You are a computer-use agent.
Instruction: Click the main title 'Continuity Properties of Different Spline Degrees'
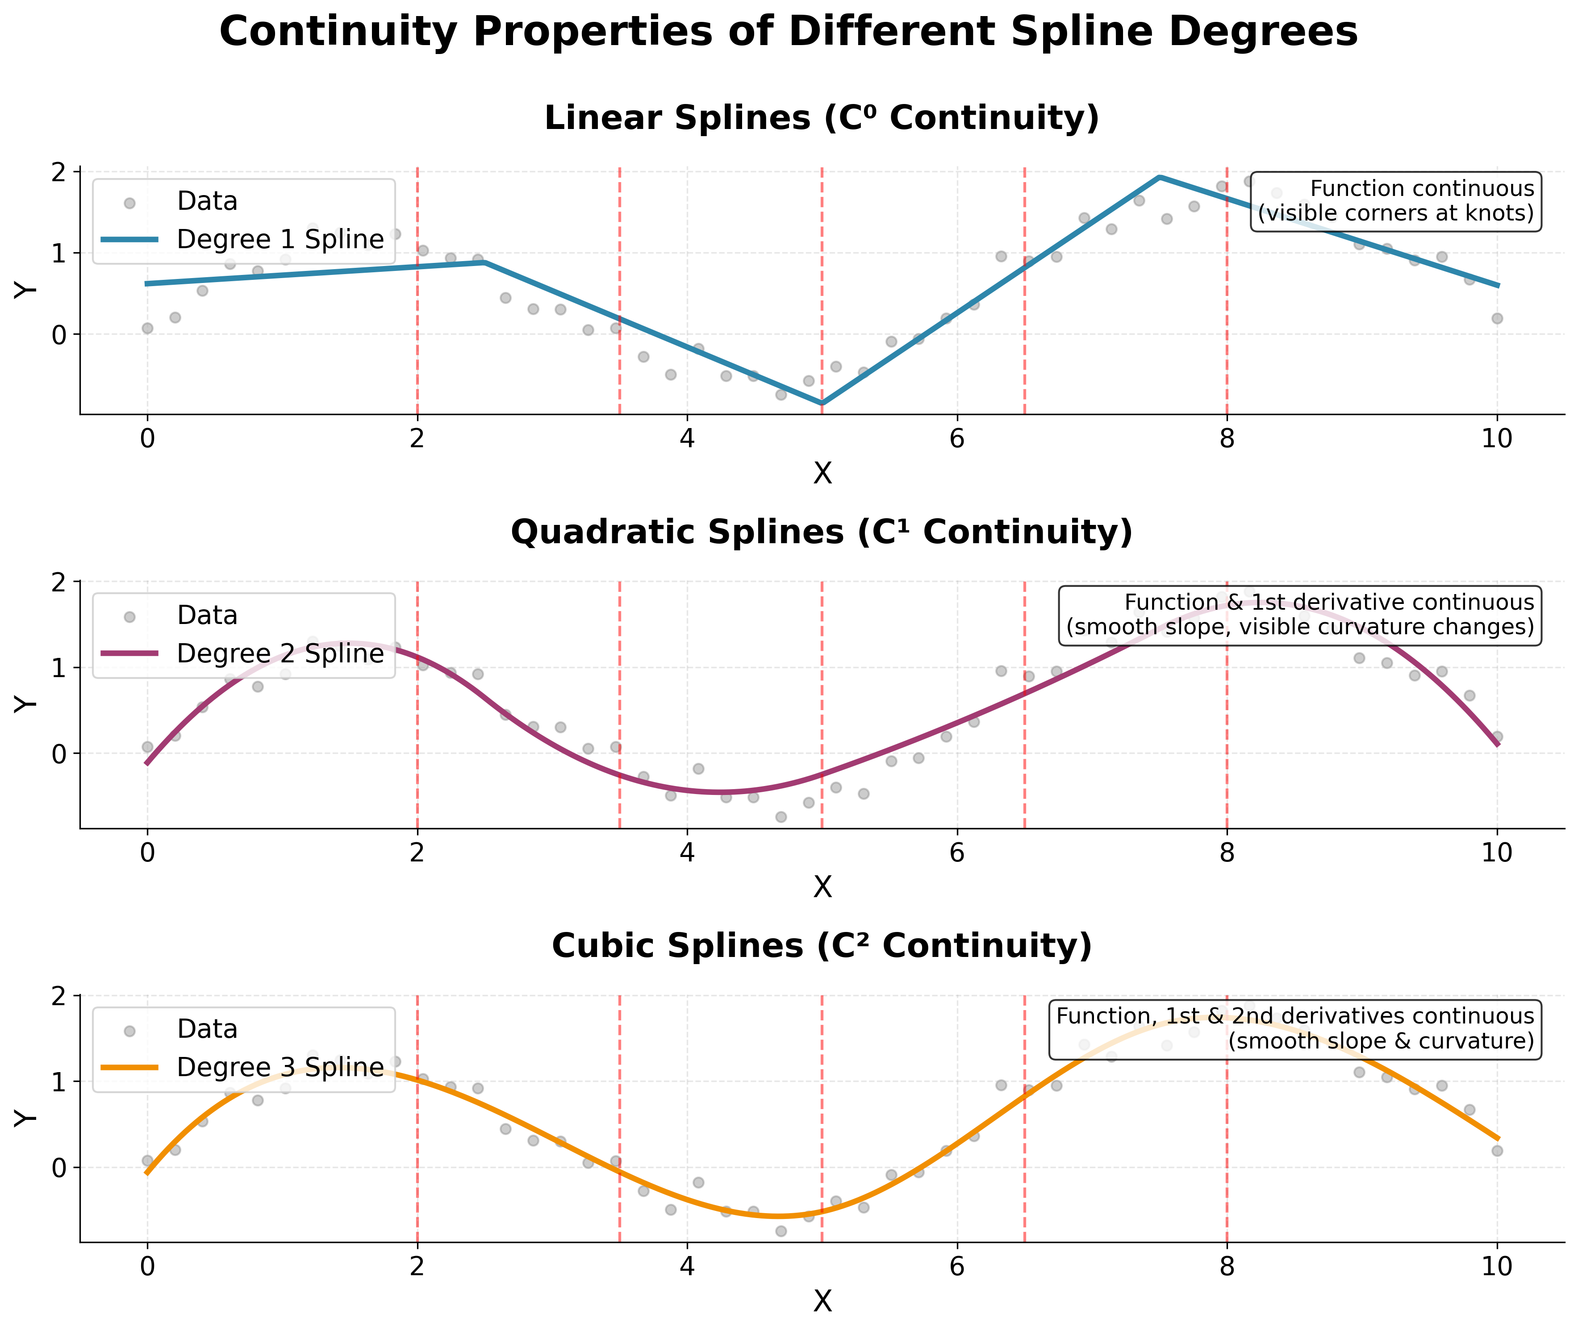pos(789,33)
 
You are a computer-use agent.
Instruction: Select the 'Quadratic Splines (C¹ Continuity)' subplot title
pos(822,532)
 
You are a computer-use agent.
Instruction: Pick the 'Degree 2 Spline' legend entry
pos(279,653)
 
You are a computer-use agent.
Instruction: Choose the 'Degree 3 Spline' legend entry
pos(279,1067)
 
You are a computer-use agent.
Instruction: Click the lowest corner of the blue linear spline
pos(822,403)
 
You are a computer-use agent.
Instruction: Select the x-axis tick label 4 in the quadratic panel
pos(687,853)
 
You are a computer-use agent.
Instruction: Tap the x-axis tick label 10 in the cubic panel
pos(1497,1266)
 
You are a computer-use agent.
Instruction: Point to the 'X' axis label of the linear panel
pos(822,473)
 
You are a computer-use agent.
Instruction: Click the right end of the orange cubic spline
pos(1497,1139)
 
